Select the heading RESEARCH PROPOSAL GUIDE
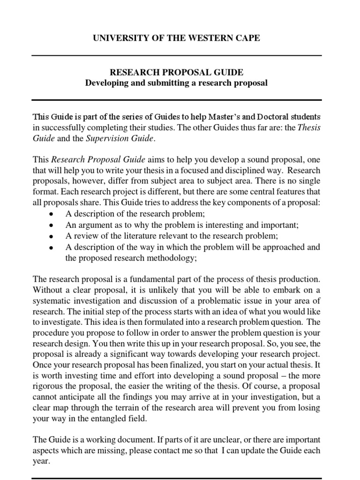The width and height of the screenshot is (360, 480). (x=176, y=73)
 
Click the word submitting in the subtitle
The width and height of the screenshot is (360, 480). (x=161, y=83)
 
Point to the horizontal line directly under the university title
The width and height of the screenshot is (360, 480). (x=176, y=55)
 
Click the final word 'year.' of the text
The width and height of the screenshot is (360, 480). (x=41, y=461)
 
